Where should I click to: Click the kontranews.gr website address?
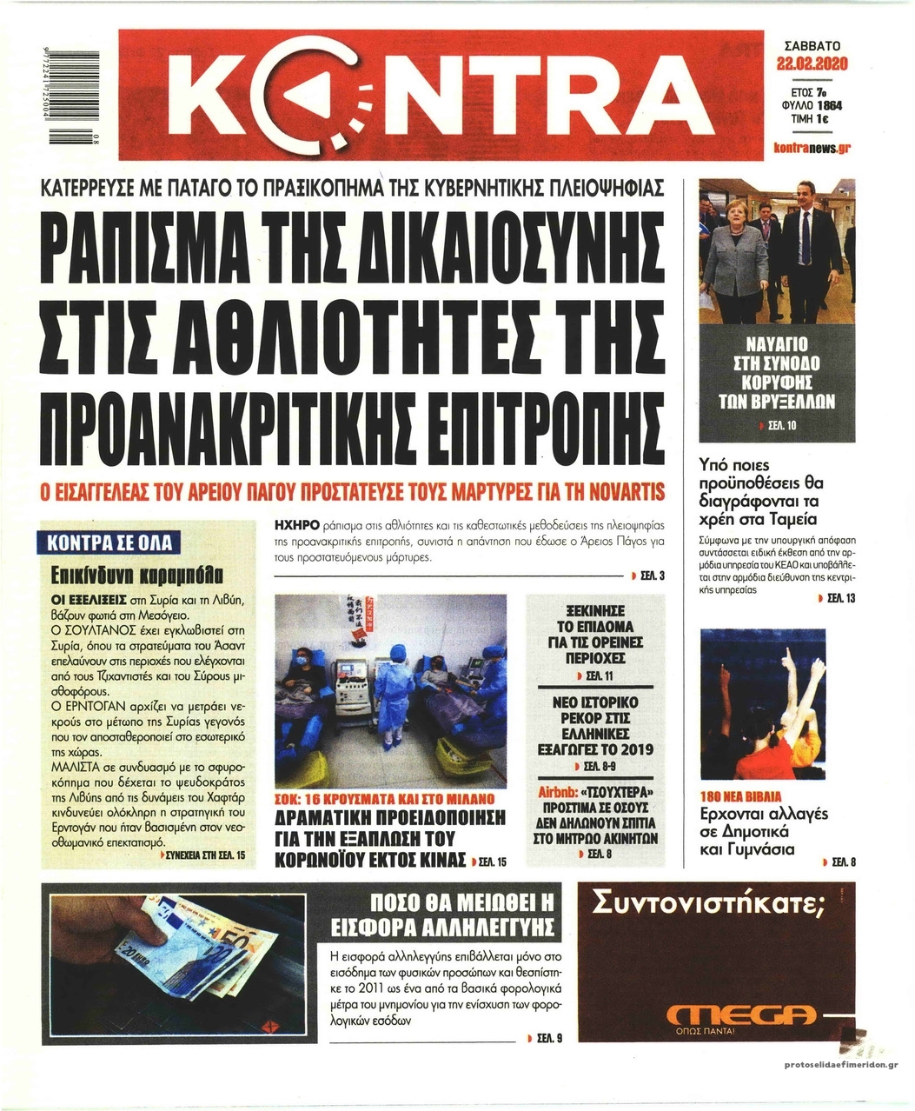pyautogui.click(x=811, y=148)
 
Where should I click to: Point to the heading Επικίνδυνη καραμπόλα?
pyautogui.click(x=138, y=575)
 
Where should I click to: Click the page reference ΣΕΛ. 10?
pyautogui.click(x=779, y=425)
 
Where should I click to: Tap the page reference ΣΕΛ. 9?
pyautogui.click(x=549, y=1038)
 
